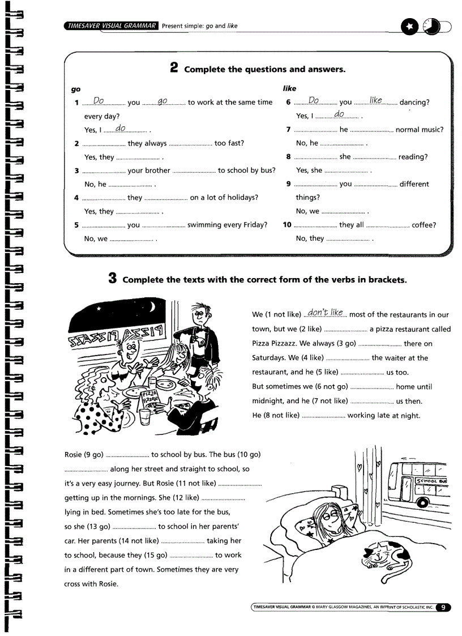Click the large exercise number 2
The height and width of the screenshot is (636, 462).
tap(174, 69)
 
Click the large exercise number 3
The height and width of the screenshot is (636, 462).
tap(113, 279)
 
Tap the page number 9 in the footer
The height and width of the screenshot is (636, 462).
tap(443, 608)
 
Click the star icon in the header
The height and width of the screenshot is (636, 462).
tap(408, 27)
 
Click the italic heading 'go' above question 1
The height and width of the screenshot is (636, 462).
tap(75, 89)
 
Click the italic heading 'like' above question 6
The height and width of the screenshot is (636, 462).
tap(289, 89)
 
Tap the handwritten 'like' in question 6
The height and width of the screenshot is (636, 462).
tap(375, 100)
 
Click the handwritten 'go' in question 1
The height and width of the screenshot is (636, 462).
tap(163, 101)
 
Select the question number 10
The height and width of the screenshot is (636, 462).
tap(286, 225)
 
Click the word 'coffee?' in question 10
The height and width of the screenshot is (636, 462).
tap(423, 225)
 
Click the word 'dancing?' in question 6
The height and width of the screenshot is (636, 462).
tap(414, 103)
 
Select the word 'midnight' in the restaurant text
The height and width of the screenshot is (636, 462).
tap(268, 401)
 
